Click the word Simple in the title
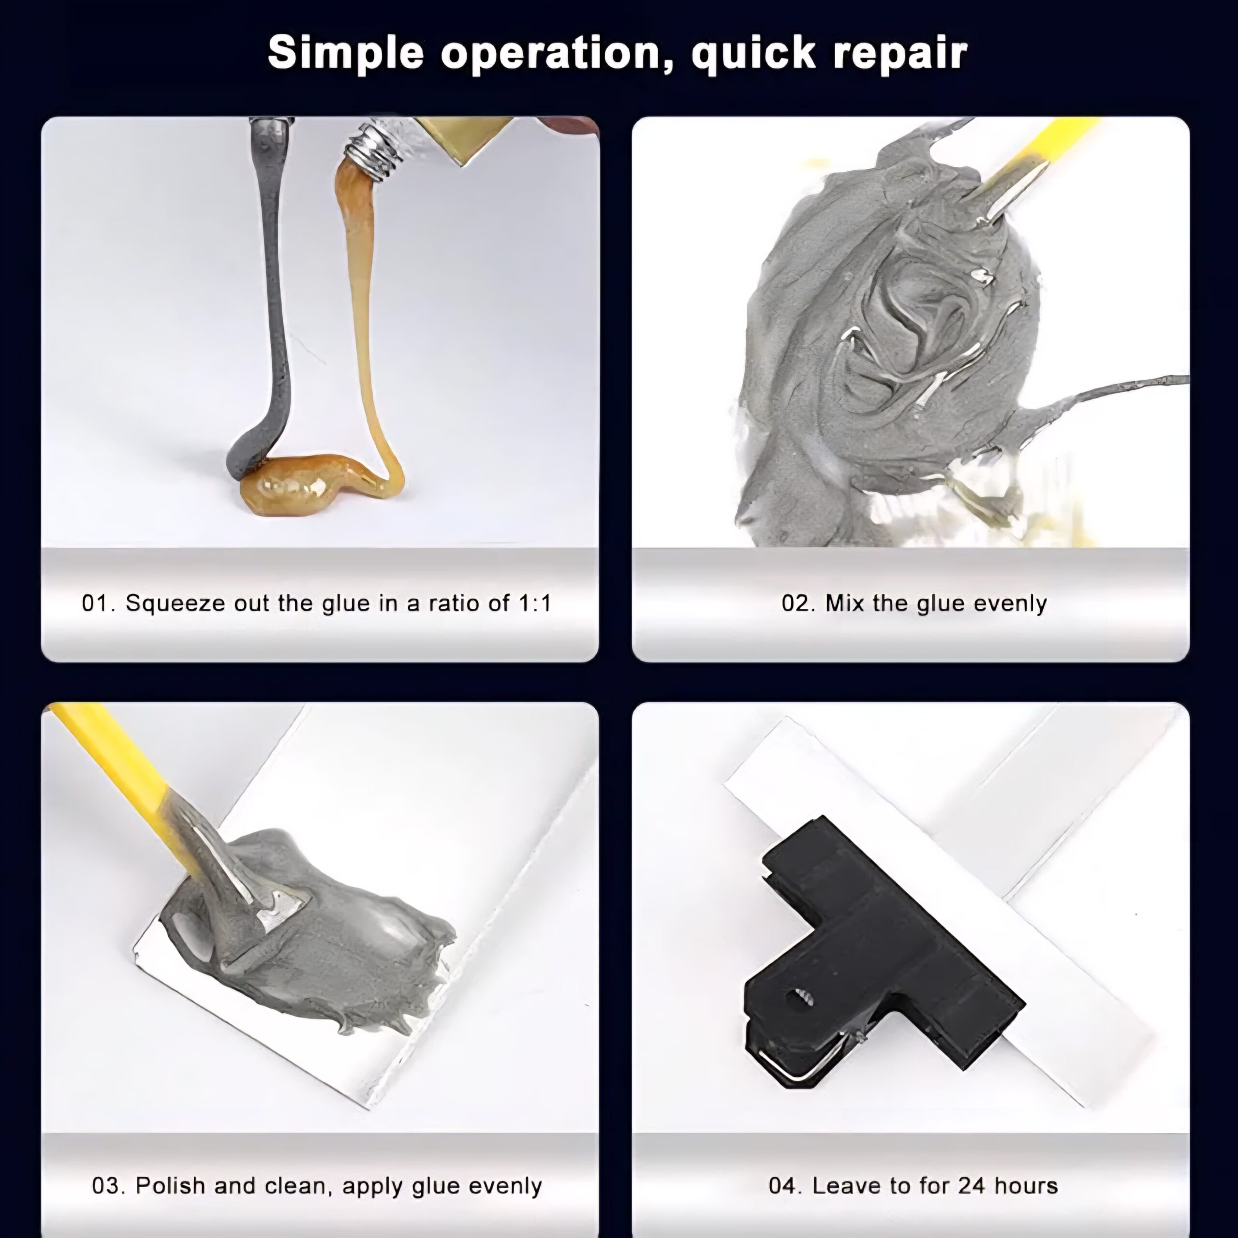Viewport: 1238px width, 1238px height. click(345, 53)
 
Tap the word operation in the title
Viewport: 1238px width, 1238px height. click(550, 53)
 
